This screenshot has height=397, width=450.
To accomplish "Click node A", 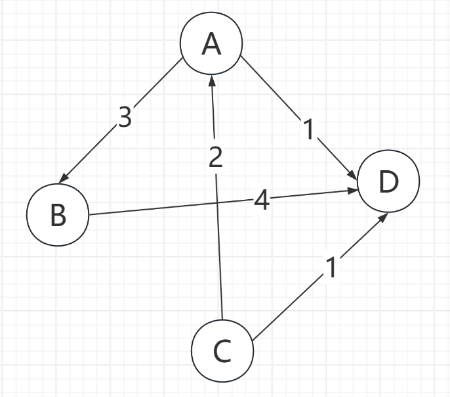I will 211,44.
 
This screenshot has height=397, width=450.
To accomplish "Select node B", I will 58,215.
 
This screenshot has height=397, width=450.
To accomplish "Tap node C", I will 222,352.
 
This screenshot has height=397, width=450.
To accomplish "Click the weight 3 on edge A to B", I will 125,117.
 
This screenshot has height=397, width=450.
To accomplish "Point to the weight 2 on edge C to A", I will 216,156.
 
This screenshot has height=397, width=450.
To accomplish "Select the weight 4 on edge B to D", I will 261,200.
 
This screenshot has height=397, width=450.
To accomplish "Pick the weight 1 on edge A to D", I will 308,129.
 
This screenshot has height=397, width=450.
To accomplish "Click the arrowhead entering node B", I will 63,179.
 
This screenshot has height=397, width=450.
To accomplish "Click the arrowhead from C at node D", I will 383,216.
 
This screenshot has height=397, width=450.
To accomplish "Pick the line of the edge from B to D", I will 164,207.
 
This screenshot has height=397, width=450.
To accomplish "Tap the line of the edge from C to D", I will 289,306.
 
